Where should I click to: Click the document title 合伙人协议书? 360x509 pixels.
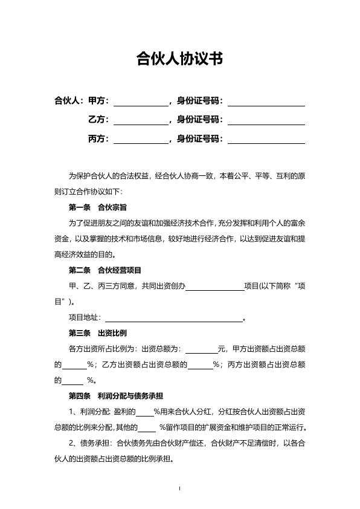pyautogui.click(x=179, y=59)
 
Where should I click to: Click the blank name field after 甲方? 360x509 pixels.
pyautogui.click(x=141, y=101)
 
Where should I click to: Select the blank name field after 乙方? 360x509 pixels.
pyautogui.click(x=141, y=120)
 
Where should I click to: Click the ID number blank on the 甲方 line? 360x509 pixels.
pyautogui.click(x=266, y=101)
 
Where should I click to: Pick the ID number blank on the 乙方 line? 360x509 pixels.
pyautogui.click(x=266, y=120)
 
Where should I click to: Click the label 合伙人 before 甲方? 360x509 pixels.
pyautogui.click(x=68, y=100)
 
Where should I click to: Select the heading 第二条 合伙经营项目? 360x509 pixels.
pyautogui.click(x=106, y=270)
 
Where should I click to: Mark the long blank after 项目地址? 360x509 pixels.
pyautogui.click(x=174, y=318)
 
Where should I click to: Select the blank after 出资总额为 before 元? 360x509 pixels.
pyautogui.click(x=201, y=349)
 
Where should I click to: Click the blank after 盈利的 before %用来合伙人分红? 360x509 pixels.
pyautogui.click(x=144, y=413)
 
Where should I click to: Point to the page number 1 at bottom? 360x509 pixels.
pyautogui.click(x=180, y=488)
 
